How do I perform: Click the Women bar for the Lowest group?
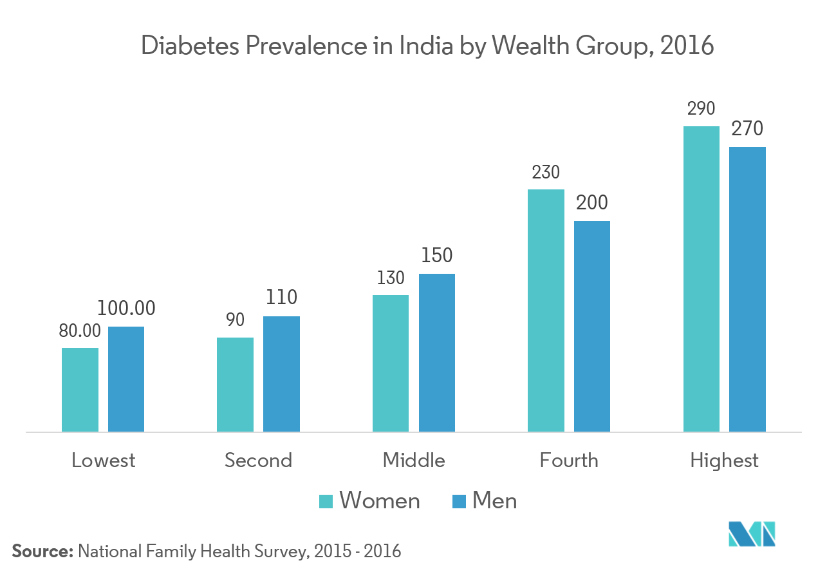[80, 389]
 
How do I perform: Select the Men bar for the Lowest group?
[126, 379]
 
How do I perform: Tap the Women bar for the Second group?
[235, 384]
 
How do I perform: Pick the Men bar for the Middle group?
[437, 352]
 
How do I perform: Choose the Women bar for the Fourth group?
[546, 310]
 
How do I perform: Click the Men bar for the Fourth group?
[592, 326]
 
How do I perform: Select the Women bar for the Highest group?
[702, 278]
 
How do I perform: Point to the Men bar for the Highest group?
[748, 289]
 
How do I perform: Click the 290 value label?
[701, 109]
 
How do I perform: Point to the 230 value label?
[546, 172]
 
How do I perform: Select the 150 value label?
[436, 256]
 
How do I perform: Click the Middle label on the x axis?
[414, 461]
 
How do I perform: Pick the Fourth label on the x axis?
[569, 461]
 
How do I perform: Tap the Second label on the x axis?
[258, 461]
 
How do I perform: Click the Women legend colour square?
[326, 501]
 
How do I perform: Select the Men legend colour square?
[459, 501]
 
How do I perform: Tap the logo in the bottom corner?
[752, 534]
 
